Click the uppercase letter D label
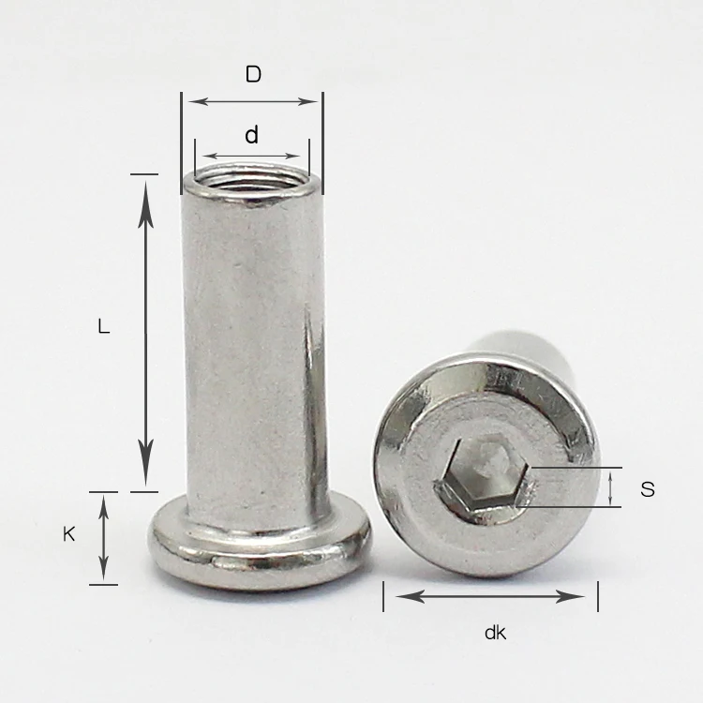(253, 74)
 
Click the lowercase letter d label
(251, 136)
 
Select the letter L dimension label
(104, 327)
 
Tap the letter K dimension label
(68, 534)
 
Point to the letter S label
(647, 488)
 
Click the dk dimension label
(495, 633)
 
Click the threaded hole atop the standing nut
(251, 177)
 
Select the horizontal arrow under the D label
(251, 100)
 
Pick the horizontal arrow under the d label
(251, 156)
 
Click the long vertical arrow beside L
(145, 332)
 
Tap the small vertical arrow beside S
(611, 487)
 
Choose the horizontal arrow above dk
(490, 596)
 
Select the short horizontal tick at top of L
(144, 174)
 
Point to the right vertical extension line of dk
(597, 595)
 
